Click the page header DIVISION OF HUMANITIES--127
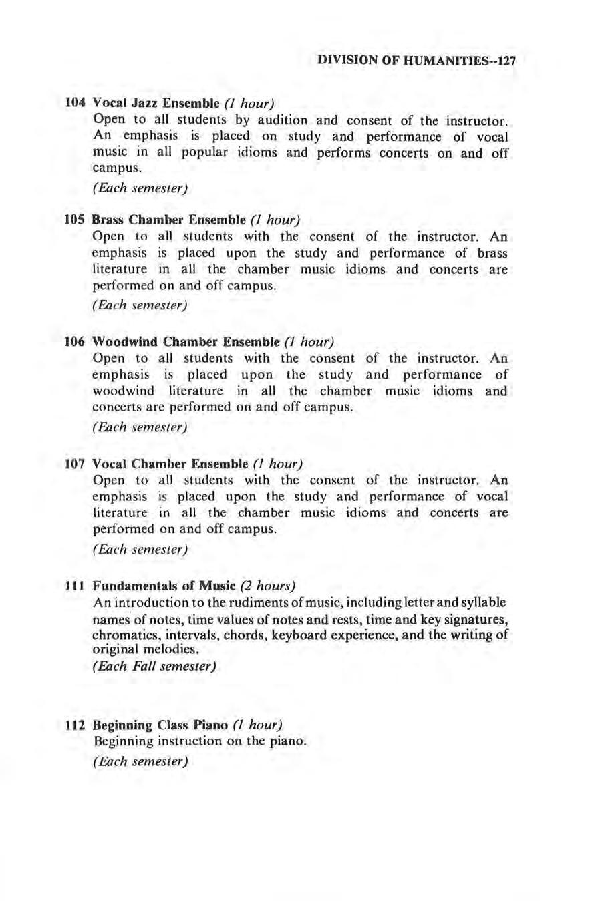click(x=418, y=59)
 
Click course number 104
click(x=75, y=104)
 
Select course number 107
click(x=75, y=464)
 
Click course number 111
click(x=75, y=586)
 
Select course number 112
click(x=75, y=725)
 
